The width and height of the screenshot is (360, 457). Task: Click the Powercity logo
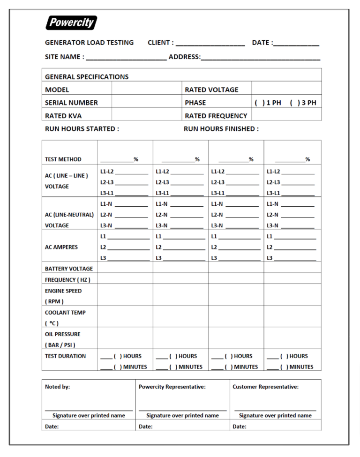(x=71, y=22)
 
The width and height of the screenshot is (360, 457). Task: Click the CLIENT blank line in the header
(x=210, y=44)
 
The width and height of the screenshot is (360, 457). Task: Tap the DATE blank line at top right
(x=296, y=44)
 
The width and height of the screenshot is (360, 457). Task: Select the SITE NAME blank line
(x=126, y=58)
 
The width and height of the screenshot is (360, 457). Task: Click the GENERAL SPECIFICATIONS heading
(x=87, y=76)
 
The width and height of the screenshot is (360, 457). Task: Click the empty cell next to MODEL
(x=147, y=90)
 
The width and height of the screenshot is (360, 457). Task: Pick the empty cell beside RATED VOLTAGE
(x=286, y=90)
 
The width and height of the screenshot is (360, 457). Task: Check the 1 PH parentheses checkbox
(x=259, y=103)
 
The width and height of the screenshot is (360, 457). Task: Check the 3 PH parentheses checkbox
(x=294, y=103)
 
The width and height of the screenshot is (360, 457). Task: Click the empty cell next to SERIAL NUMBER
(x=147, y=103)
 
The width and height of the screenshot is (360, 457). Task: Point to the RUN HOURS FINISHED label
(x=221, y=129)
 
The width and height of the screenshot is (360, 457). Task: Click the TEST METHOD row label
(x=63, y=159)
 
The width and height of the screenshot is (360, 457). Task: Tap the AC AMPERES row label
(x=61, y=247)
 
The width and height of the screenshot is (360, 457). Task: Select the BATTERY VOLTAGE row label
(x=69, y=269)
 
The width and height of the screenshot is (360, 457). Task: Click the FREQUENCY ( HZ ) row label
(x=67, y=280)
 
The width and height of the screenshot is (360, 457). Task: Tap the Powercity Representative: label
(x=172, y=387)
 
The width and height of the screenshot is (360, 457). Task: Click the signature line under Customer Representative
(x=275, y=410)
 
